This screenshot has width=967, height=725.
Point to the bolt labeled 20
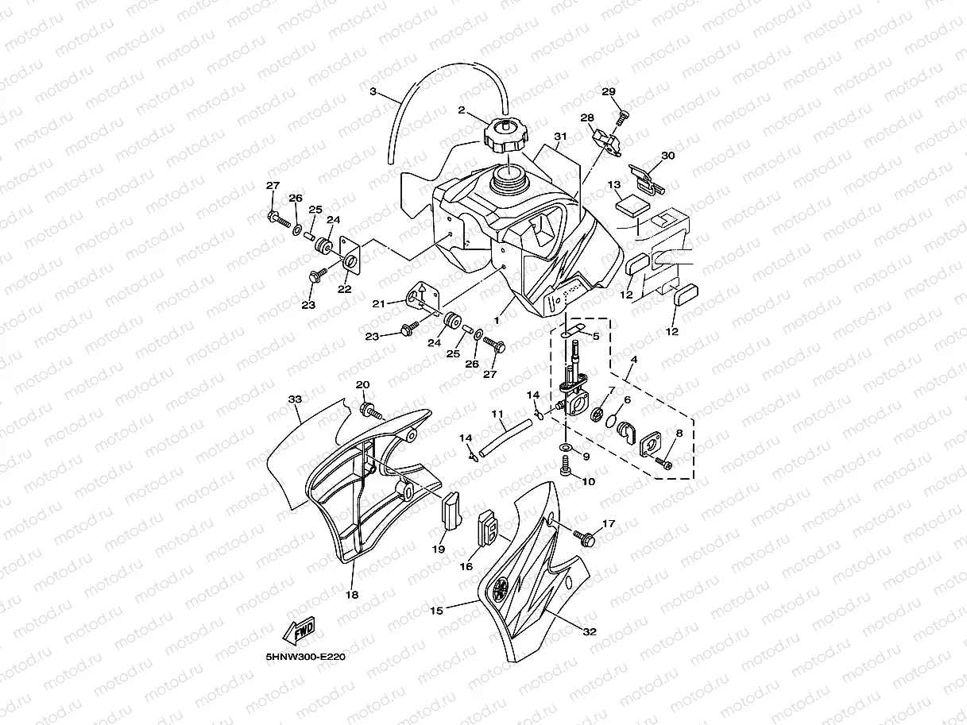370,411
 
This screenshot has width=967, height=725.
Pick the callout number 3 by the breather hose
373,92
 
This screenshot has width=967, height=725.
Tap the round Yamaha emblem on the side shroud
501,589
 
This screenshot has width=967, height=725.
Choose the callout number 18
352,594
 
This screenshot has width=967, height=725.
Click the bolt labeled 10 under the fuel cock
565,472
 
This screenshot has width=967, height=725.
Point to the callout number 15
436,611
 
